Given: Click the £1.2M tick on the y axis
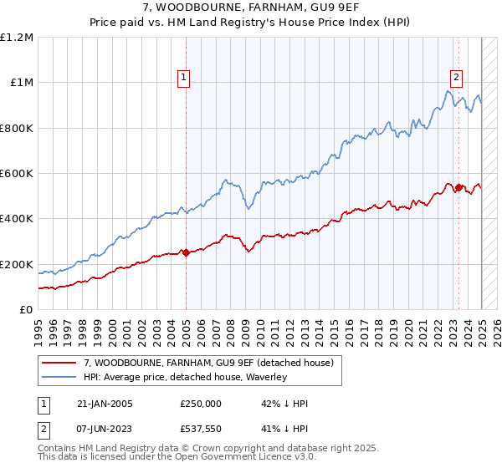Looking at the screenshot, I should tap(17, 38).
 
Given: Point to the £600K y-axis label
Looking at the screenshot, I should tap(17, 174).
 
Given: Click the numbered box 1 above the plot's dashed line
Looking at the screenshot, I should tap(184, 79).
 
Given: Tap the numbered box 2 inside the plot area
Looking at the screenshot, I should tap(456, 79).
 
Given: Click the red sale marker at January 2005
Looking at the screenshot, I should tap(186, 253).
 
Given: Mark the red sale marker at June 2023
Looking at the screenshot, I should tap(458, 188).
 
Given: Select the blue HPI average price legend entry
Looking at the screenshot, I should tap(185, 377).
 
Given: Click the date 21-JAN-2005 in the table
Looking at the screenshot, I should tap(104, 404).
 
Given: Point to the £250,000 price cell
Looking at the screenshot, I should tap(201, 404).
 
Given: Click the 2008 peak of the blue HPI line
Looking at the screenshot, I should tap(225, 179).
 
